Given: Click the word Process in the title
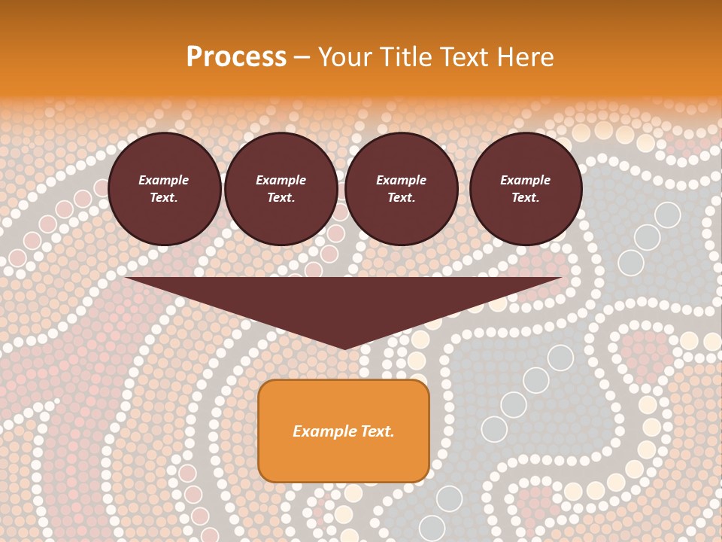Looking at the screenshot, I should tap(236, 57).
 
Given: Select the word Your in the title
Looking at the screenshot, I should tap(344, 57).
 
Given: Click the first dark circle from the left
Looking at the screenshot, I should tap(165, 189).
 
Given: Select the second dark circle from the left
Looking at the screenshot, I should tap(281, 189).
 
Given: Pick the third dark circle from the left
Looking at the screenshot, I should tap(402, 189).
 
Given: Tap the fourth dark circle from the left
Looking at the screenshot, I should tap(526, 189).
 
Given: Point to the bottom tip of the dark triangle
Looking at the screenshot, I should tap(344, 348).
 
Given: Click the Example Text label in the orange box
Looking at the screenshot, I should tap(344, 431).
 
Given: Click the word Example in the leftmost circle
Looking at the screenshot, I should tap(164, 181).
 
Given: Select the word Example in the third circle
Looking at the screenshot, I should tap(402, 181).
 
